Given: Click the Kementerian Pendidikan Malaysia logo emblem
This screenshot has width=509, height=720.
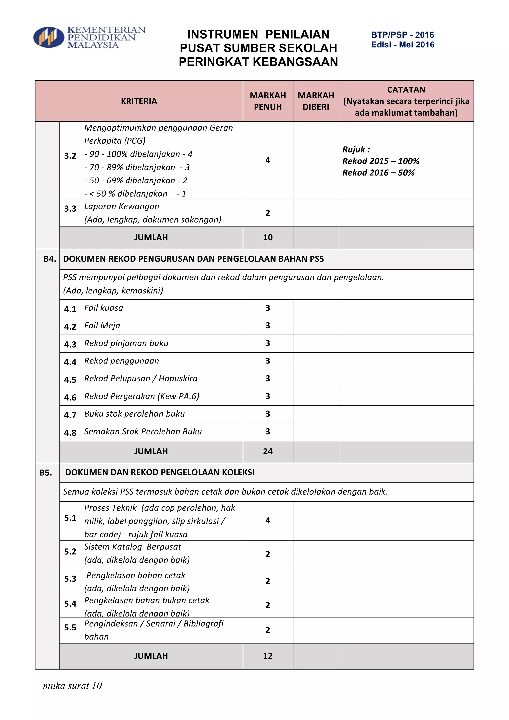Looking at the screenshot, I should tap(48, 37).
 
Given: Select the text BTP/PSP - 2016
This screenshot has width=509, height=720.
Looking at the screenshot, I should tap(402, 35).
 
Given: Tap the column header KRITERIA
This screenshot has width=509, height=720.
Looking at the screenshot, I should tap(139, 101).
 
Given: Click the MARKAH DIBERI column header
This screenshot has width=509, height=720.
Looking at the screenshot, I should tap(316, 101).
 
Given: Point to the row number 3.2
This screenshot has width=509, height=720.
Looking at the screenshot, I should tap(70, 156).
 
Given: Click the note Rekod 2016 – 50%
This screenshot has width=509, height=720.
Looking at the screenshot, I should tap(378, 173).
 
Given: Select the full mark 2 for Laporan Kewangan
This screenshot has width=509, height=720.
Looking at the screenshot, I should tap(268, 213).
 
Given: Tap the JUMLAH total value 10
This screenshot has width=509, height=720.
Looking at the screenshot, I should tap(268, 237).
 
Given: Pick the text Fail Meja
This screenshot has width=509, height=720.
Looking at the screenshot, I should tap(102, 325).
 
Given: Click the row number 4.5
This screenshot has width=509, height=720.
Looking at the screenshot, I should tap(70, 379).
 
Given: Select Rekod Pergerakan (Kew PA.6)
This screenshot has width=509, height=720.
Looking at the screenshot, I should tap(142, 396).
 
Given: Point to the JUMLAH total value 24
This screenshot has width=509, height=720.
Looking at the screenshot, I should tap(268, 451).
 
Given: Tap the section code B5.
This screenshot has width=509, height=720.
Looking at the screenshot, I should tap(46, 473).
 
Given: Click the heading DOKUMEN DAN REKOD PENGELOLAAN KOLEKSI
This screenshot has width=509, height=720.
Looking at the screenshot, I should tap(160, 472).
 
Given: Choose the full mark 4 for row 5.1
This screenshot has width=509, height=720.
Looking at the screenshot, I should tap(268, 521).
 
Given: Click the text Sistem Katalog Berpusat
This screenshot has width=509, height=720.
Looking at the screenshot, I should tap(132, 547).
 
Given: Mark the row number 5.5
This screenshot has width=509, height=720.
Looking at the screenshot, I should tap(70, 627).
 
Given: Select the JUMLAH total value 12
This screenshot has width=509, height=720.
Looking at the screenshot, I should tap(268, 656).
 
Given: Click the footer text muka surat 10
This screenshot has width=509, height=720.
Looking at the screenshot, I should tap(72, 686).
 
